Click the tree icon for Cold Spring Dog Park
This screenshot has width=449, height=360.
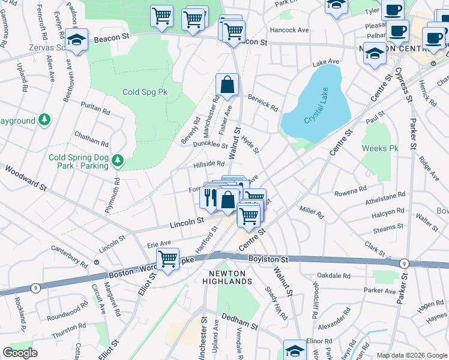tap(119, 160)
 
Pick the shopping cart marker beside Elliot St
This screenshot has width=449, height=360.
tap(167, 259)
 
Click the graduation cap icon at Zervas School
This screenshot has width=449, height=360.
tap(77, 40)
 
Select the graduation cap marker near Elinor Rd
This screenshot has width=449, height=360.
tap(295, 350)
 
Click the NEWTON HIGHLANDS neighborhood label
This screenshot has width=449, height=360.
tap(230, 277)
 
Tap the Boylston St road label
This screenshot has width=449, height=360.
tap(269, 259)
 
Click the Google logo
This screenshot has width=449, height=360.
tap(20, 353)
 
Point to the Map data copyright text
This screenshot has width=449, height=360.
tap(412, 355)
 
